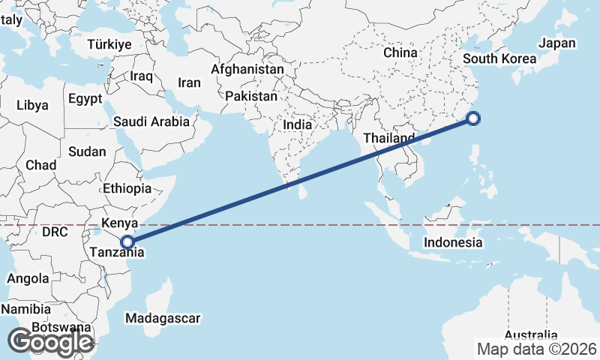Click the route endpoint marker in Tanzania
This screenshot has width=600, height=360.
pyautogui.click(x=128, y=242)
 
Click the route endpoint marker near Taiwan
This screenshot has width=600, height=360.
pyautogui.click(x=473, y=118)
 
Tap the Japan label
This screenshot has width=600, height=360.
pyautogui.click(x=557, y=43)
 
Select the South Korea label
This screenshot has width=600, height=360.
pyautogui.click(x=499, y=59)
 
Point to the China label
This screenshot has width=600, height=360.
pyautogui.click(x=400, y=53)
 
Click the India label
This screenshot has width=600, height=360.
pyautogui.click(x=298, y=124)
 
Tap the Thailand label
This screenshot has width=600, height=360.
pyautogui.click(x=388, y=139)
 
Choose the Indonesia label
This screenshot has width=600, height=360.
pyautogui.click(x=453, y=242)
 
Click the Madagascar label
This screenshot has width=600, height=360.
pyautogui.click(x=163, y=318)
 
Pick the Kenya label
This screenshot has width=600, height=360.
pyautogui.click(x=120, y=223)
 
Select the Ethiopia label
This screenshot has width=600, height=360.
pyautogui.click(x=127, y=188)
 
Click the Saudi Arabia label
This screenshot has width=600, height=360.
pyautogui.click(x=151, y=121)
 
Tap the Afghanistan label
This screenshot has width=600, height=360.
pyautogui.click(x=247, y=70)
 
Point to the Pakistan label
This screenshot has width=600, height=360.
pyautogui.click(x=251, y=96)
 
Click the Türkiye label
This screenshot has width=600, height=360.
pyautogui.click(x=109, y=44)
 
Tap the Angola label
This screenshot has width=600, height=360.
pyautogui.click(x=28, y=278)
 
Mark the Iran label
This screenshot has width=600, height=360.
pyautogui.click(x=189, y=82)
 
